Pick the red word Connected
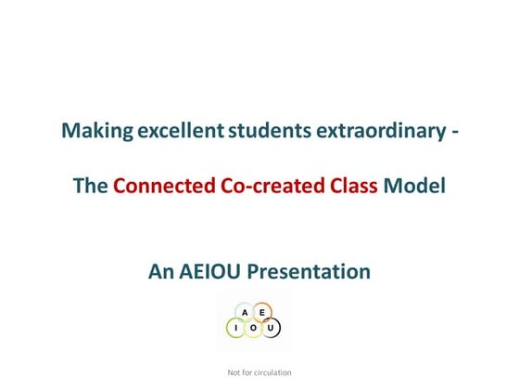click(159, 186)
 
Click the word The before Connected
click(91, 186)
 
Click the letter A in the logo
click(244, 312)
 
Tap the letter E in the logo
click(262, 312)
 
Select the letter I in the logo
click(236, 328)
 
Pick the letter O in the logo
click(253, 328)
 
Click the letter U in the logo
click(271, 328)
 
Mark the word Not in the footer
click(234, 372)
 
